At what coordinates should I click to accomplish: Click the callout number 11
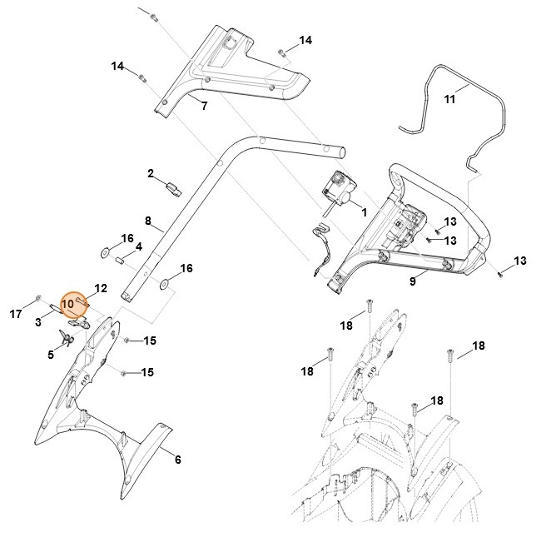coord(449,99)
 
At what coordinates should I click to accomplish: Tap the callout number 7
coord(204,107)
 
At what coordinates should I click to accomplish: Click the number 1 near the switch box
coord(363,213)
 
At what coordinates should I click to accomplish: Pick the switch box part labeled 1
coord(340,187)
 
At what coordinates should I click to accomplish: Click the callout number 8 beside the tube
coord(148,221)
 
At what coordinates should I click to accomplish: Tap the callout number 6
coord(176,459)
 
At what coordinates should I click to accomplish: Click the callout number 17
coord(16,314)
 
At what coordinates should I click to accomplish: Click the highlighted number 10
coord(68,305)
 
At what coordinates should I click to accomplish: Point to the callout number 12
coord(100,288)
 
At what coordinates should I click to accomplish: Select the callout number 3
coord(39,321)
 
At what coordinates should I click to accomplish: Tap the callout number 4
coord(139,246)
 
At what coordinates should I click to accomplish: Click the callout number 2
coord(151,173)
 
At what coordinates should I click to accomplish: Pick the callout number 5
coord(51,354)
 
